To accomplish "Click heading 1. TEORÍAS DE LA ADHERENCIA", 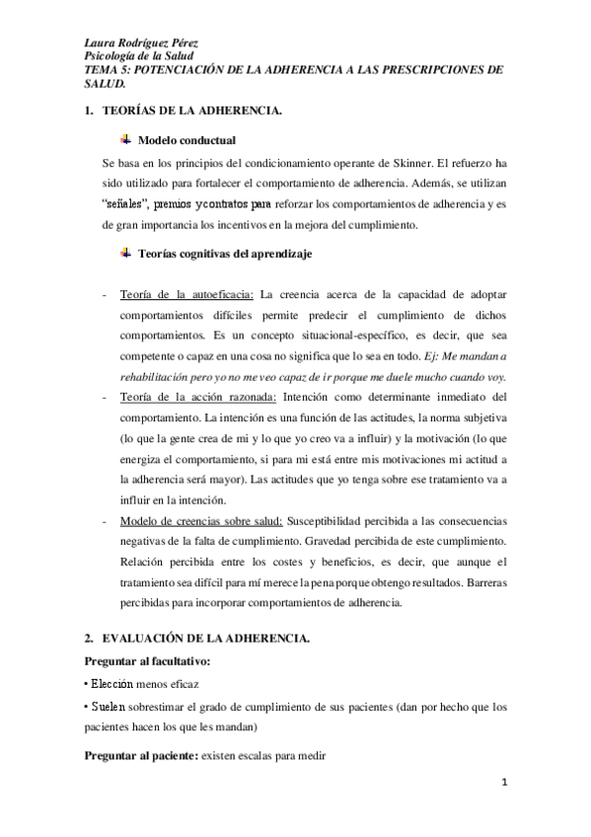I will [x=183, y=112].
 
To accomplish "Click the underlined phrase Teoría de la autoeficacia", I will [x=186, y=293].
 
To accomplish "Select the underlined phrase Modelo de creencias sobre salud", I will [x=201, y=520].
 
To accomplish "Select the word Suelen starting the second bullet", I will [x=109, y=708].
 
